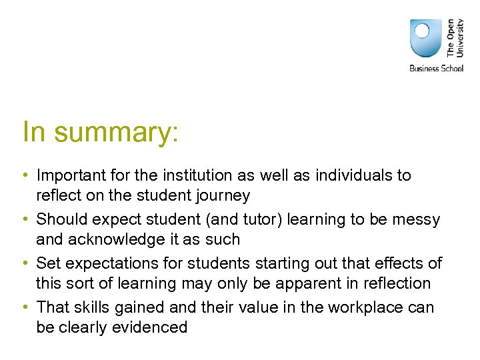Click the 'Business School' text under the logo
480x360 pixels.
pos(435,68)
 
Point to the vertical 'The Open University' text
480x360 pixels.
pos(455,37)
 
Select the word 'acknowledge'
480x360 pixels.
pos(118,239)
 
